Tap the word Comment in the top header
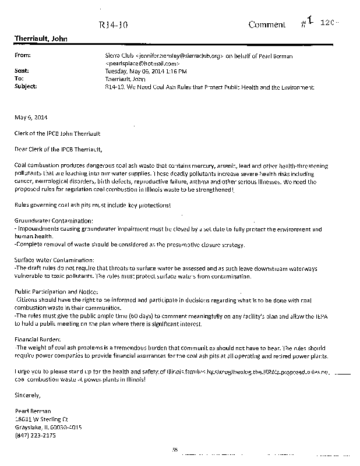pos(267,24)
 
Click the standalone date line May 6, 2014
pos(29,117)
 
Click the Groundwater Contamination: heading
pos(54,221)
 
